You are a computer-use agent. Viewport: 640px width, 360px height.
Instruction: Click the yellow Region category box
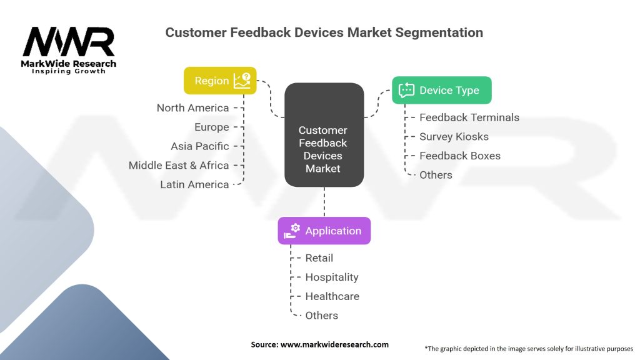pos(220,81)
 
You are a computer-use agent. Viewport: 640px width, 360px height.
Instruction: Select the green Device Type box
pos(441,90)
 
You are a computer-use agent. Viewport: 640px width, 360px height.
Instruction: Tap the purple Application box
pos(324,231)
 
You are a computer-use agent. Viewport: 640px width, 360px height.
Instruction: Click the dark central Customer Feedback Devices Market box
pos(324,135)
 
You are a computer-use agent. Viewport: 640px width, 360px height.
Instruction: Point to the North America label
pos(192,108)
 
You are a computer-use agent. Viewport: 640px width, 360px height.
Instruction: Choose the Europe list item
pos(211,127)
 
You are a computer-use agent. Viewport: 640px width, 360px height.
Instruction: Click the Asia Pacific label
pos(199,146)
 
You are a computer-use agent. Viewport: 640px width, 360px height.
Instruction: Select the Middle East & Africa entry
pos(179,165)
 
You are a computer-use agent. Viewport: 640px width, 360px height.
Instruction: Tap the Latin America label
pos(194,184)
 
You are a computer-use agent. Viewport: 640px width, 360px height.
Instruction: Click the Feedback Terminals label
pos(469,117)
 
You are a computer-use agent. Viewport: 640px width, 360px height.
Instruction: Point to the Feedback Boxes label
pos(459,156)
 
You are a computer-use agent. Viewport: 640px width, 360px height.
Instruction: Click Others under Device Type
pos(436,175)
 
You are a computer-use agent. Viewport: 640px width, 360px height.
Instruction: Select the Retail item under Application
pos(319,258)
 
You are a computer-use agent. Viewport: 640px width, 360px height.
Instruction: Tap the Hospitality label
pos(331,277)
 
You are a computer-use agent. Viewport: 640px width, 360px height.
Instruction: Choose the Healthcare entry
pos(332,296)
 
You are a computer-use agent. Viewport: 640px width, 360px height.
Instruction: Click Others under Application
pos(321,316)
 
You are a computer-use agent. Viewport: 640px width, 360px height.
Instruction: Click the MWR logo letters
pos(69,42)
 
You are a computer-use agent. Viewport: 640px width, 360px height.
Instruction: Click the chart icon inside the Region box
pos(242,80)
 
